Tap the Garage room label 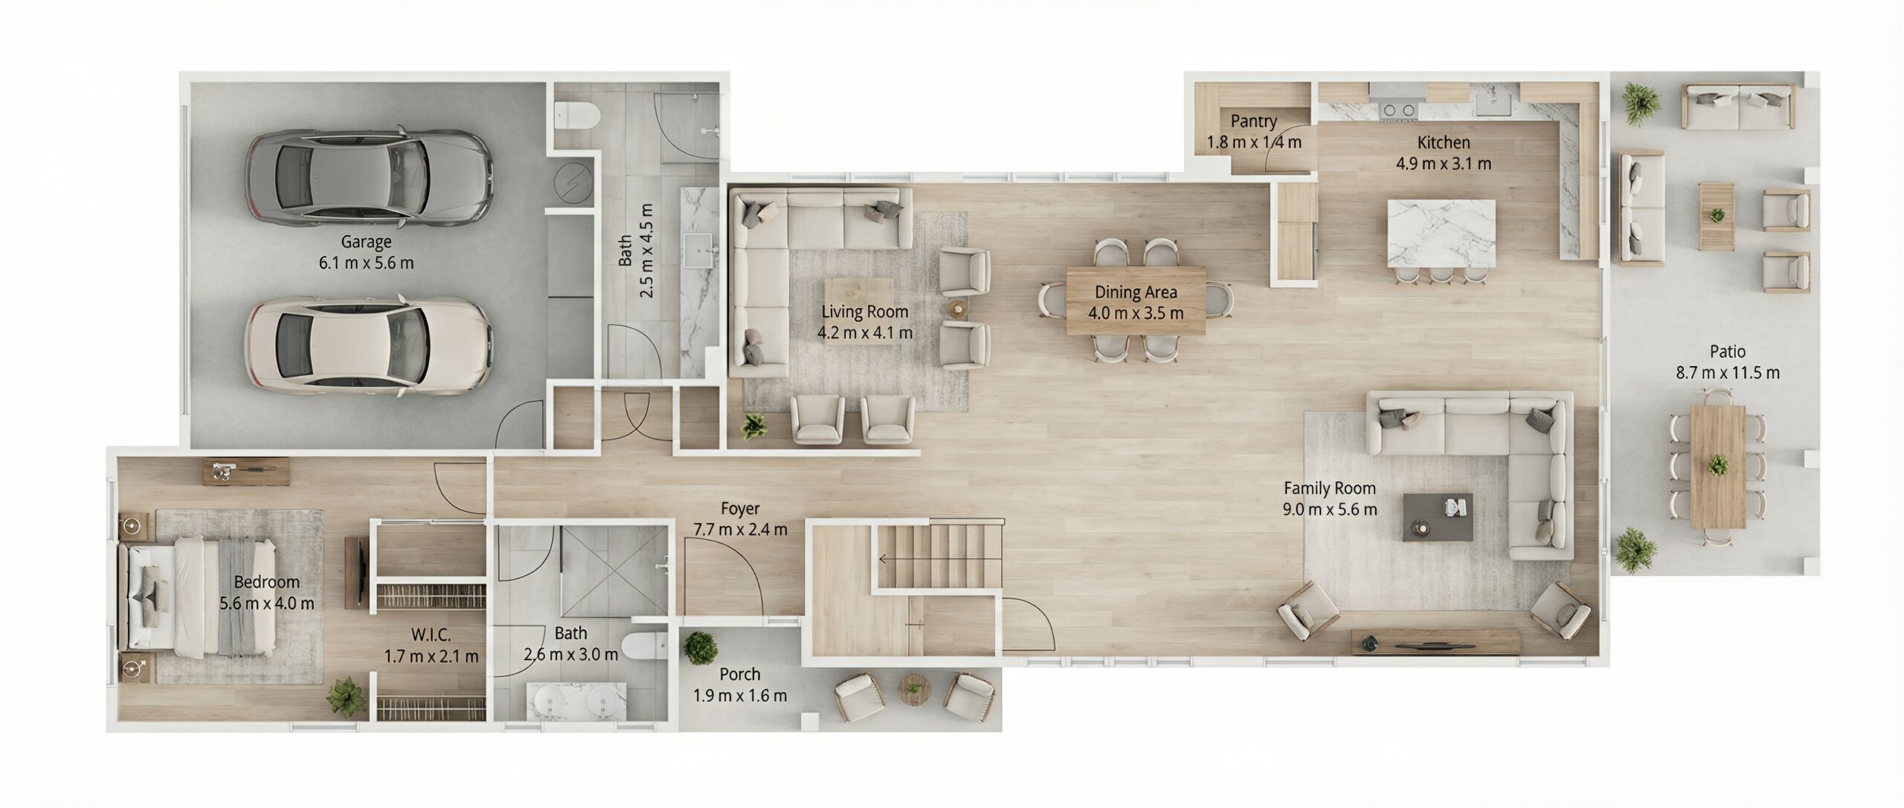(366, 242)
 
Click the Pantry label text (1253, 121)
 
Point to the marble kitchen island (1441, 233)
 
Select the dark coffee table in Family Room (1438, 516)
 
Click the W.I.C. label (431, 635)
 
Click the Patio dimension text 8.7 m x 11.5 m (1728, 373)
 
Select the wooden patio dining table (1717, 466)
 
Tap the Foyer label (740, 509)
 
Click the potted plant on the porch (701, 648)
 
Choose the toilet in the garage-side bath (578, 115)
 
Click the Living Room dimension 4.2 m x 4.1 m (865, 333)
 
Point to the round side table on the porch (913, 689)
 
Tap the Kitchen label (1444, 142)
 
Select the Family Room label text (1330, 489)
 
